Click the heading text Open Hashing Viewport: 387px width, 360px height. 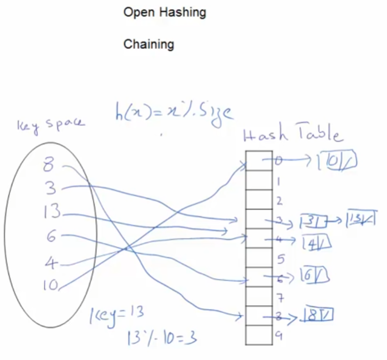click(x=164, y=12)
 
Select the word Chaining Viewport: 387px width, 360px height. click(x=149, y=44)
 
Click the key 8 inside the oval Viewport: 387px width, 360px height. click(x=48, y=166)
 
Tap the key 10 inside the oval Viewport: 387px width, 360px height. click(x=51, y=285)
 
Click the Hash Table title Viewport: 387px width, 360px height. click(x=292, y=134)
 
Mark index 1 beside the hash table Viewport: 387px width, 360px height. click(x=278, y=181)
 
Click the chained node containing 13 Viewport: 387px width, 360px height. click(x=361, y=218)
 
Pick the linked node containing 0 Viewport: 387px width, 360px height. click(x=339, y=161)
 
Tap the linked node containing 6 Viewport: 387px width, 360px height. click(x=315, y=276)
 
